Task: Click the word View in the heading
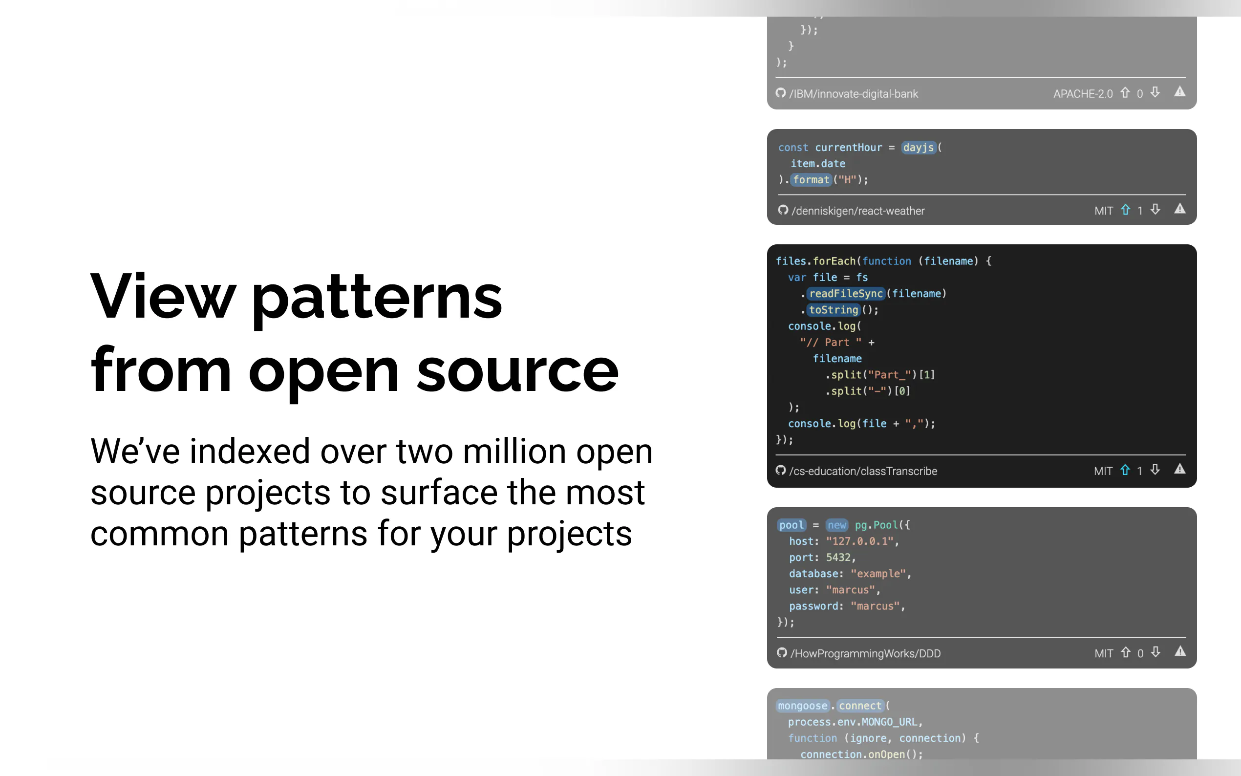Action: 163,296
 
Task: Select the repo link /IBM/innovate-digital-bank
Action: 854,94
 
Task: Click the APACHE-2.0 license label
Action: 1083,94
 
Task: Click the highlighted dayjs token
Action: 919,147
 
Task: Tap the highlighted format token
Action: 811,180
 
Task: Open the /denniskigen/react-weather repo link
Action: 858,211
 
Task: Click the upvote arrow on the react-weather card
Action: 1126,210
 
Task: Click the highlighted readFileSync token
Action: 846,294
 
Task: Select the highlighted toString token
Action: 834,310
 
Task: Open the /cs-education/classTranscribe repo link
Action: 863,471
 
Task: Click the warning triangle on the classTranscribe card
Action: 1180,469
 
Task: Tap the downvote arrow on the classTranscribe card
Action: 1155,470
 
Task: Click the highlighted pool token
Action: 792,525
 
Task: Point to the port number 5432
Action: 838,558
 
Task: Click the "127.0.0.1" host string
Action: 860,541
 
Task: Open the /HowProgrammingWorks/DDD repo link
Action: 865,653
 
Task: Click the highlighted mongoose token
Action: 803,706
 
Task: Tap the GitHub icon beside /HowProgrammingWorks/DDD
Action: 782,652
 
